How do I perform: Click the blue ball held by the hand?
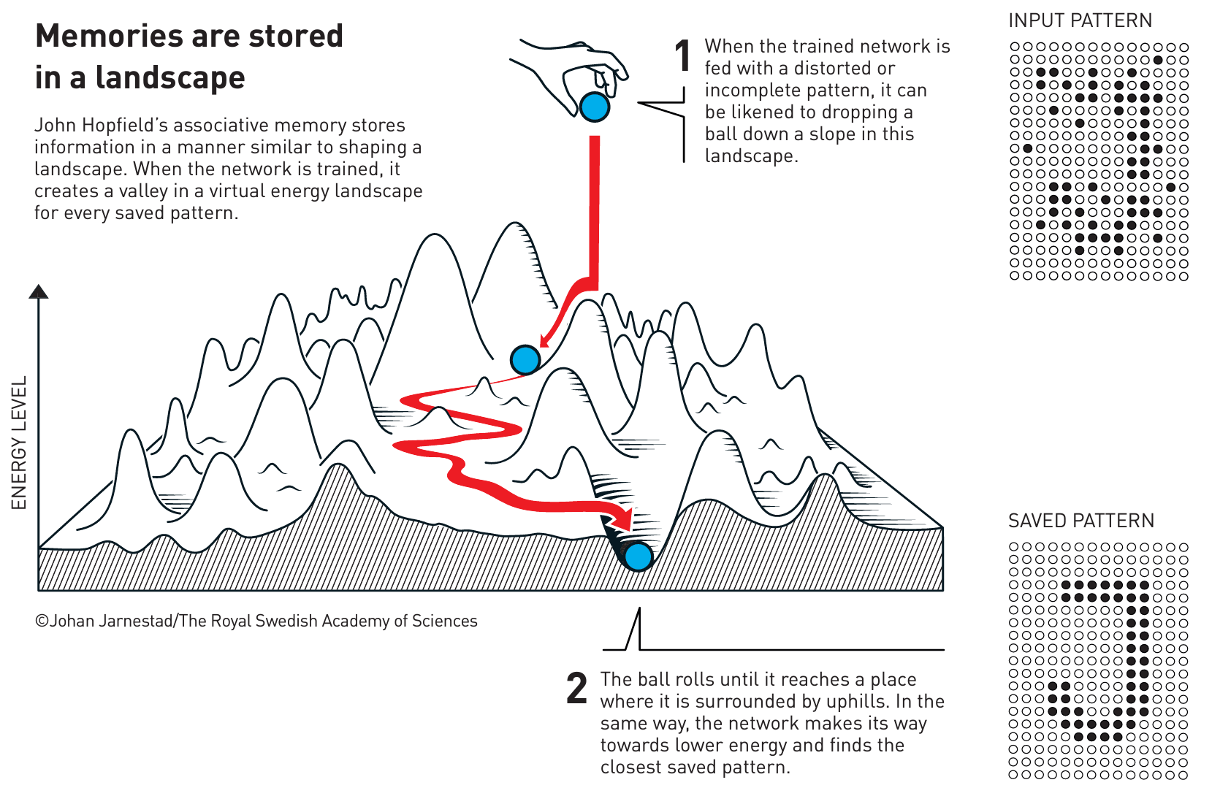594,107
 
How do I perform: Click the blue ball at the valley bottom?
638,556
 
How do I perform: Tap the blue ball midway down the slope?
525,359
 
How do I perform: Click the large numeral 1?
683,57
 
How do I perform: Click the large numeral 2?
576,689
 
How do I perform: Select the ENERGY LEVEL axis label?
19,442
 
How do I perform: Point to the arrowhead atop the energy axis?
39,291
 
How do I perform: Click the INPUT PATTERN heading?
1080,20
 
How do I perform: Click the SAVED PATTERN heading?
1081,521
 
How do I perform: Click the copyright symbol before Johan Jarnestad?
42,621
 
